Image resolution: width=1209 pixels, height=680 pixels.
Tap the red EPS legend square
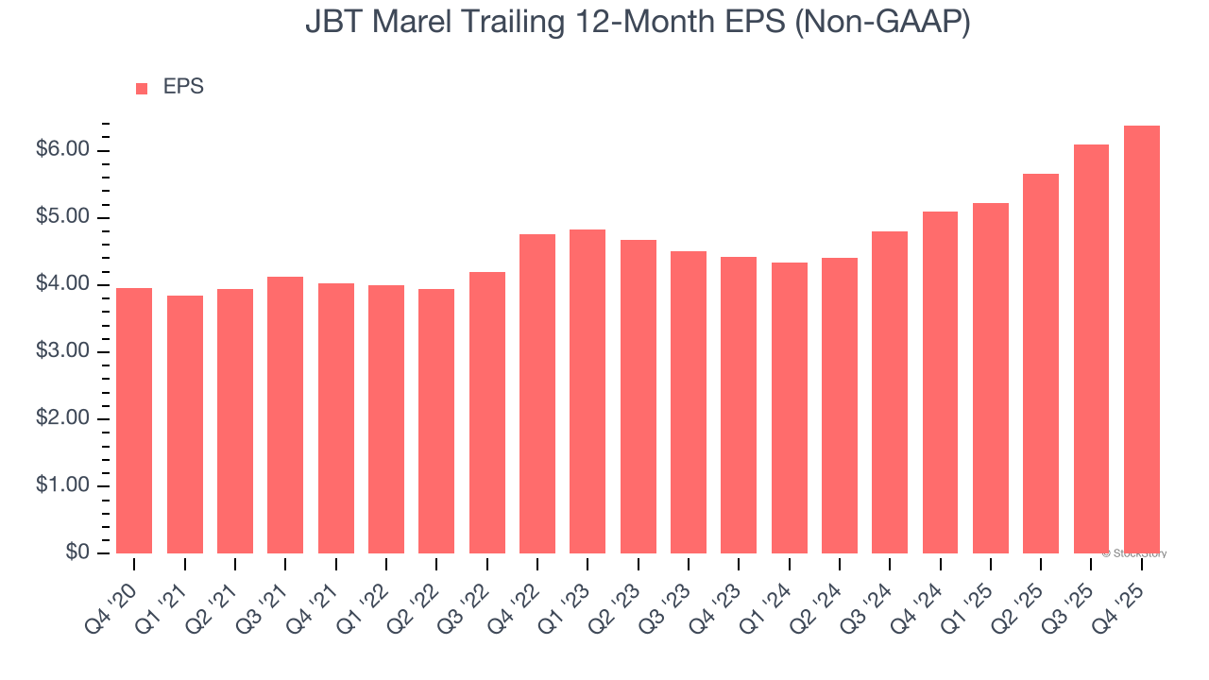click(142, 88)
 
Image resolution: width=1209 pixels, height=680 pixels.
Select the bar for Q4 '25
click(1141, 340)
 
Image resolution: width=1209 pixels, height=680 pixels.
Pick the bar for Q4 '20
click(134, 420)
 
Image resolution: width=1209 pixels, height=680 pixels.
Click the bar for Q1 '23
click(587, 391)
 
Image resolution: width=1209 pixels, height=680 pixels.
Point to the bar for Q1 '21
click(185, 424)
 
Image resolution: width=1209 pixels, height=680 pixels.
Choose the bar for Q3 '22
click(486, 413)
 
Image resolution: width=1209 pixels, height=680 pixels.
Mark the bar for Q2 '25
click(1041, 364)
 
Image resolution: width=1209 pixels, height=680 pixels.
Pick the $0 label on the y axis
click(77, 553)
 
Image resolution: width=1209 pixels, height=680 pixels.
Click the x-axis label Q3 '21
click(265, 598)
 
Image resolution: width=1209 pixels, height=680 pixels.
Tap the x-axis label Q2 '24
click(820, 598)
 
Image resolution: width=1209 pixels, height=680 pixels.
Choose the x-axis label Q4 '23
click(719, 598)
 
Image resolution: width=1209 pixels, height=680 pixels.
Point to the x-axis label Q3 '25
click(1072, 598)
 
